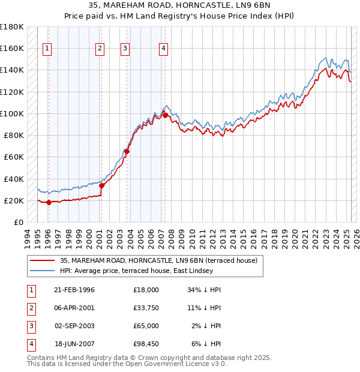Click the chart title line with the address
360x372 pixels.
pyautogui.click(x=180, y=5)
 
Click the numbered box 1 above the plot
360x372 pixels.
pyautogui.click(x=47, y=49)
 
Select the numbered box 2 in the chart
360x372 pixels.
pyautogui.click(x=100, y=49)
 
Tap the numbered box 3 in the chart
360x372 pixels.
pyautogui.click(x=125, y=49)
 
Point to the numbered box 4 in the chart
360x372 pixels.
pyautogui.click(x=163, y=49)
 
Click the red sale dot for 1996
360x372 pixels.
pyautogui.click(x=49, y=202)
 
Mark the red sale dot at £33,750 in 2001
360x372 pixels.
pyautogui.click(x=101, y=185)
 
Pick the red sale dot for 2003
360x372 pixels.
pyautogui.click(x=127, y=151)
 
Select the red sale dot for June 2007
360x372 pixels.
pyautogui.click(x=165, y=115)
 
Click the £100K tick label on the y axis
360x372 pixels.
pyautogui.click(x=12, y=113)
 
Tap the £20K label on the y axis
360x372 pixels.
pyautogui.click(x=14, y=200)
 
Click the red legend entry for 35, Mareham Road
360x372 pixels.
pyautogui.click(x=158, y=260)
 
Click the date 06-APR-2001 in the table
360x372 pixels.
pyautogui.click(x=74, y=308)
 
